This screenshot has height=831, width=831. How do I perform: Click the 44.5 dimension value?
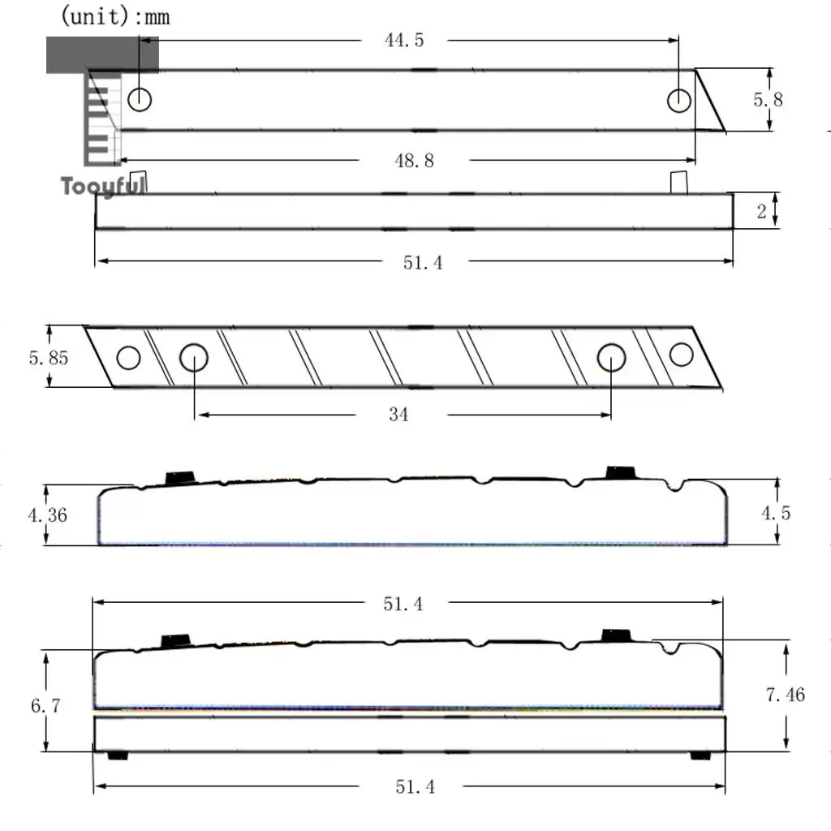click(404, 41)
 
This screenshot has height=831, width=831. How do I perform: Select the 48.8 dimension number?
click(415, 161)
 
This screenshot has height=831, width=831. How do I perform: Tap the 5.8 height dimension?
click(768, 100)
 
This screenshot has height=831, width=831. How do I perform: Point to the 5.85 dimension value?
click(48, 358)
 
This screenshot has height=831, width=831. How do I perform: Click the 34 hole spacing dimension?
click(398, 414)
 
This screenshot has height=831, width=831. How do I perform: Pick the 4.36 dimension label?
click(48, 515)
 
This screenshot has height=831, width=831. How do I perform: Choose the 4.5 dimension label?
click(776, 513)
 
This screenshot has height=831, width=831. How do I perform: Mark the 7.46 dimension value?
click(786, 695)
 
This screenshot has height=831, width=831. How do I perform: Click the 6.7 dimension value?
click(45, 705)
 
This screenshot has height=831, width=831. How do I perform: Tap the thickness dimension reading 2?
click(761, 212)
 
